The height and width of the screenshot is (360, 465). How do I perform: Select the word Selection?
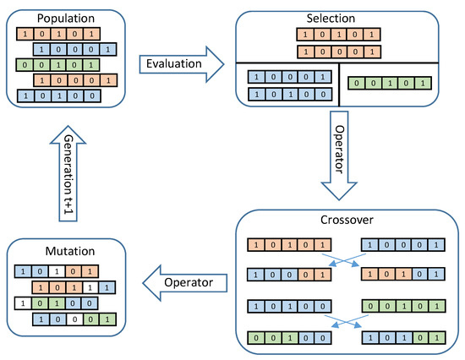[x=343, y=17]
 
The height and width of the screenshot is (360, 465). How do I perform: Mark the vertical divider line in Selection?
[x=339, y=84]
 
